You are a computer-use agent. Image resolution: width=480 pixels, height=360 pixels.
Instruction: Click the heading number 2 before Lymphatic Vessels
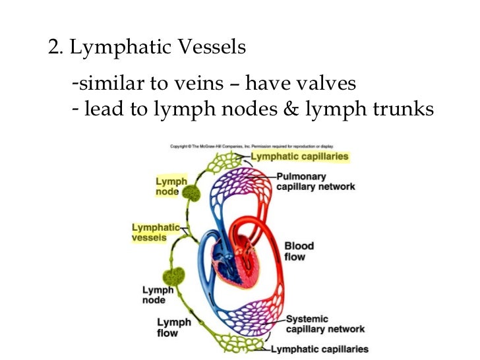click(54, 48)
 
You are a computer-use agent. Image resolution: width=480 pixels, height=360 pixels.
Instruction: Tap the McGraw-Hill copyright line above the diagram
click(252, 146)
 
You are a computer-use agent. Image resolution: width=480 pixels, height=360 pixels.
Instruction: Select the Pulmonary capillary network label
click(315, 181)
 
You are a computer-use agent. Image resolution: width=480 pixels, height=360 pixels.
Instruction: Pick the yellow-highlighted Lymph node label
click(171, 187)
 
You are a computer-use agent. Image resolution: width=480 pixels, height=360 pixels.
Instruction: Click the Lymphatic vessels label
click(155, 232)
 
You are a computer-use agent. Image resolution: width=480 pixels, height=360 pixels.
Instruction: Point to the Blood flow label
click(298, 251)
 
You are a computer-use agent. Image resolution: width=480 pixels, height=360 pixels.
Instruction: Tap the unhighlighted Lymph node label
click(158, 295)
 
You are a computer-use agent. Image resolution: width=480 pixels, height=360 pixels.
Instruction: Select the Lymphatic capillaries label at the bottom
click(320, 349)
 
